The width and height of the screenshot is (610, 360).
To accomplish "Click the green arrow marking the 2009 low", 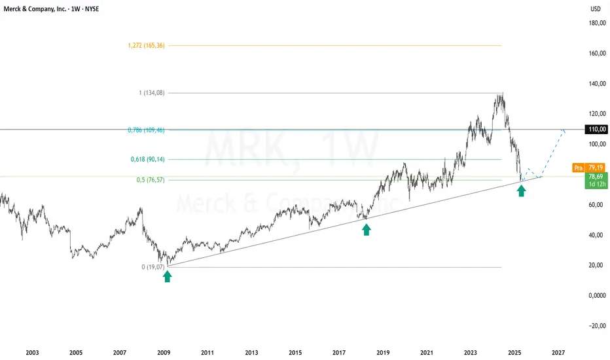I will (168, 276).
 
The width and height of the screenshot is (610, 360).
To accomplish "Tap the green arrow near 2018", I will (367, 229).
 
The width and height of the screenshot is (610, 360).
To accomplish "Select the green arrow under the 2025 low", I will (522, 190).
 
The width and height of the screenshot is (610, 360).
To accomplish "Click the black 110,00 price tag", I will (596, 130).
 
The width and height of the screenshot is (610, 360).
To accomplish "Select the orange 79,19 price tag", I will (595, 168).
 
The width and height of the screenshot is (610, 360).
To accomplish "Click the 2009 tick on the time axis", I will (164, 352).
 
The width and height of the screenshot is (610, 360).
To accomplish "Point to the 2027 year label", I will (558, 352).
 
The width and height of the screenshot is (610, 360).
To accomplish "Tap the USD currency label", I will (595, 9).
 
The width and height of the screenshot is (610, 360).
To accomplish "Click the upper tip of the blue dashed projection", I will (564, 131).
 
